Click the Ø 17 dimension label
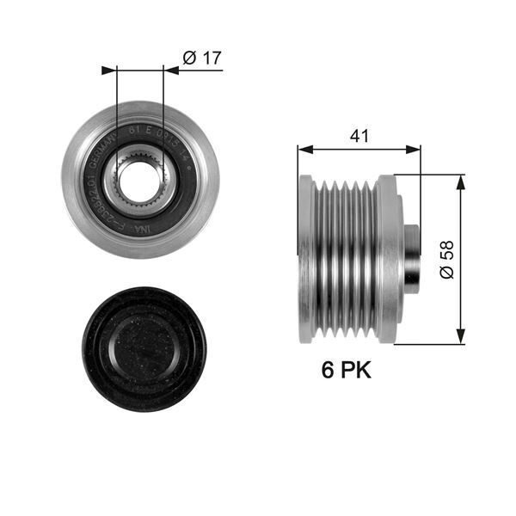pyautogui.click(x=203, y=58)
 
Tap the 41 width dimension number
pyautogui.click(x=359, y=136)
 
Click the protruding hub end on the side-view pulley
pyautogui.click(x=412, y=259)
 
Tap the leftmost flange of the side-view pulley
pyautogui.click(x=304, y=259)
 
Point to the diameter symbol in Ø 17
pyautogui.click(x=190, y=58)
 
